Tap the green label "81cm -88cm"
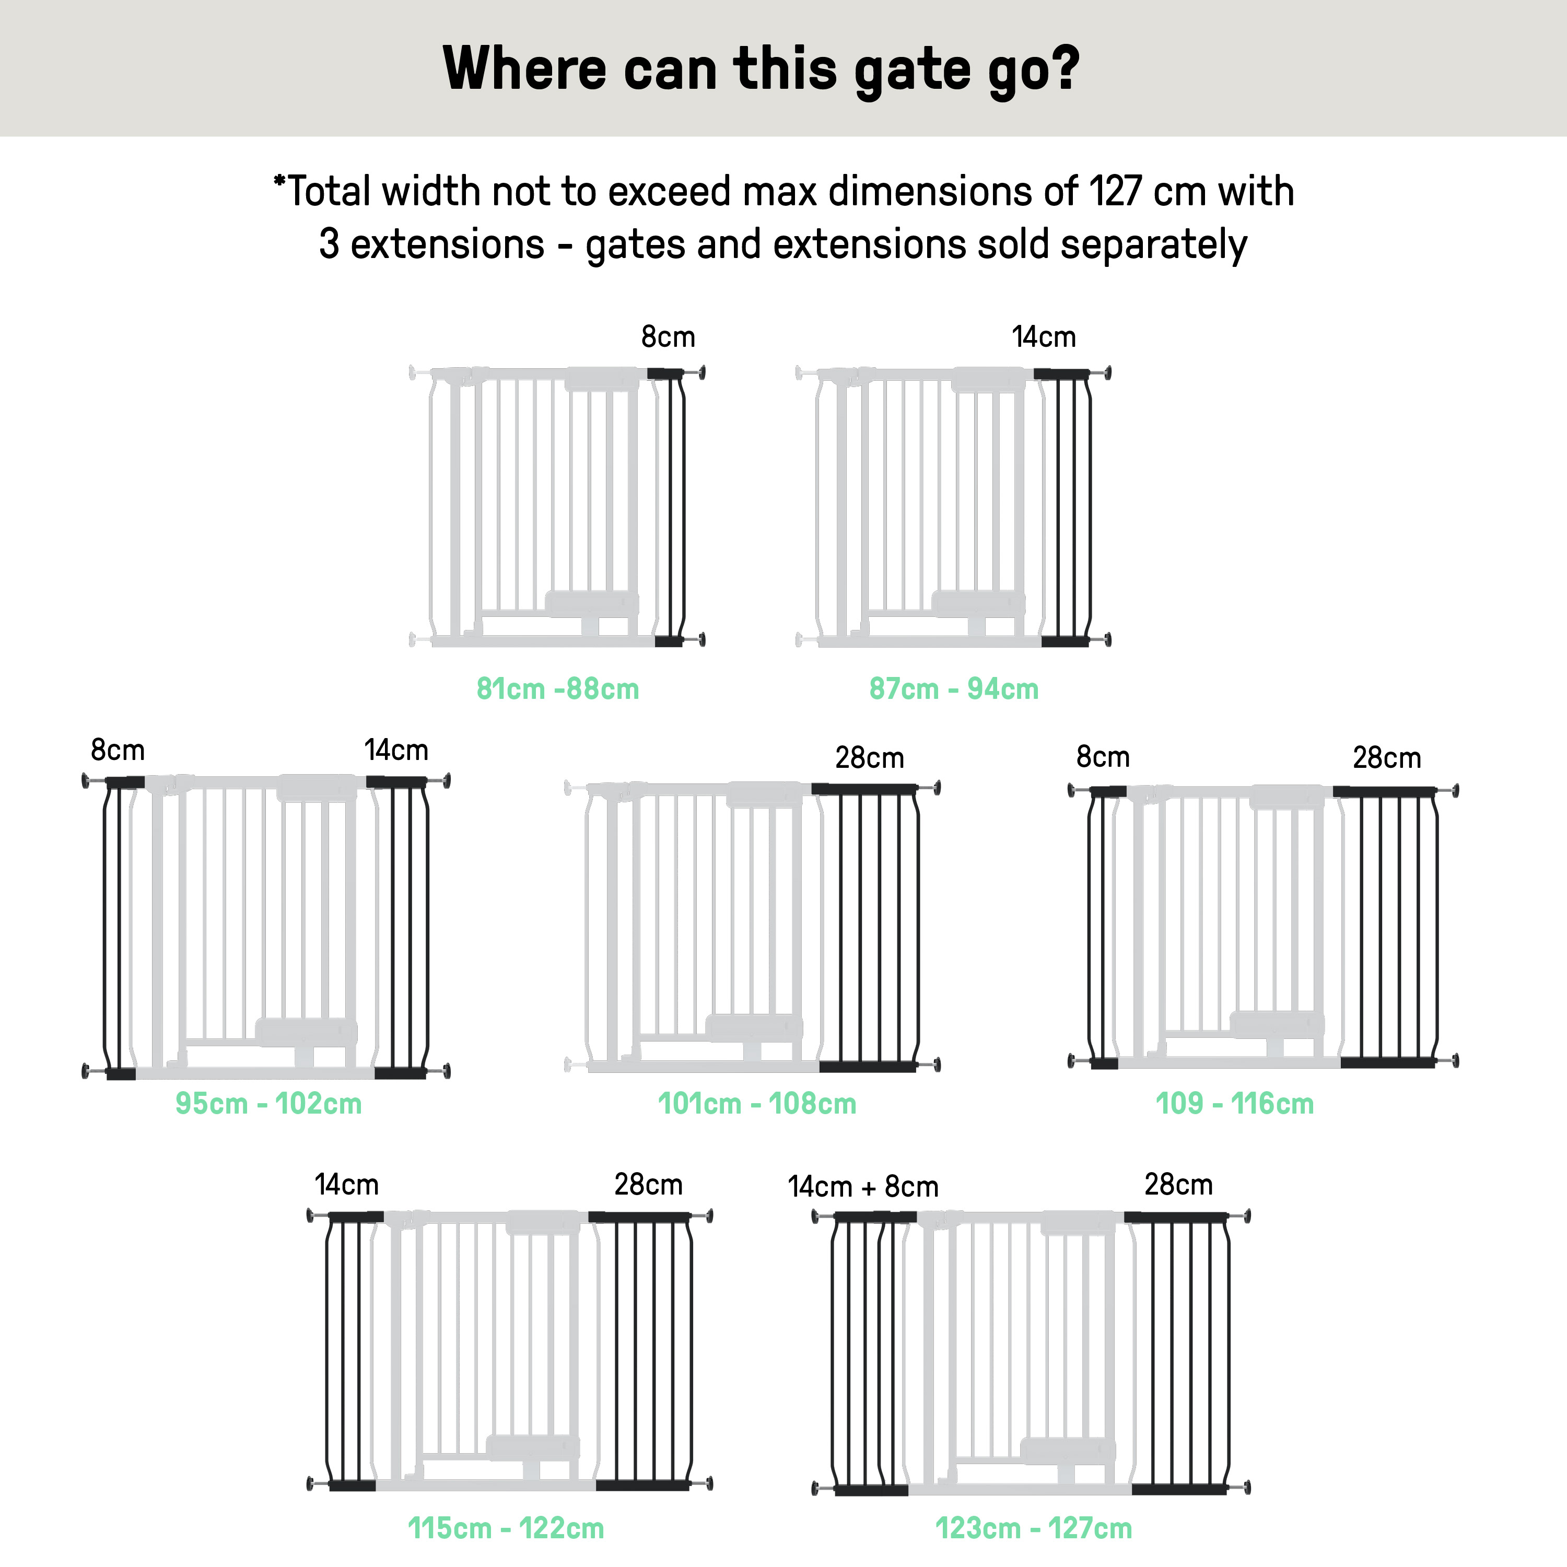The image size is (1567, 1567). (558, 688)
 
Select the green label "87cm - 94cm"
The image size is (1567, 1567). (954, 688)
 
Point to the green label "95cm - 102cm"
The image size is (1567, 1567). (268, 1103)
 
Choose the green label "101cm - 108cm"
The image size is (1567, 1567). (757, 1103)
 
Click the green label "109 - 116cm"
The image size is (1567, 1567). (1234, 1103)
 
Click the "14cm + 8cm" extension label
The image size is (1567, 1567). (863, 1187)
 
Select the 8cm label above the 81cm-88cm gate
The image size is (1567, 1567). (669, 336)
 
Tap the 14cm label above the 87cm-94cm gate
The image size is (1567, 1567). (1044, 336)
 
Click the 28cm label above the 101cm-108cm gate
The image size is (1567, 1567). (870, 757)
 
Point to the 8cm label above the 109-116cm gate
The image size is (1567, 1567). (1103, 757)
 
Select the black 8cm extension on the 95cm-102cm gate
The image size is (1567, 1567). (120, 928)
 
